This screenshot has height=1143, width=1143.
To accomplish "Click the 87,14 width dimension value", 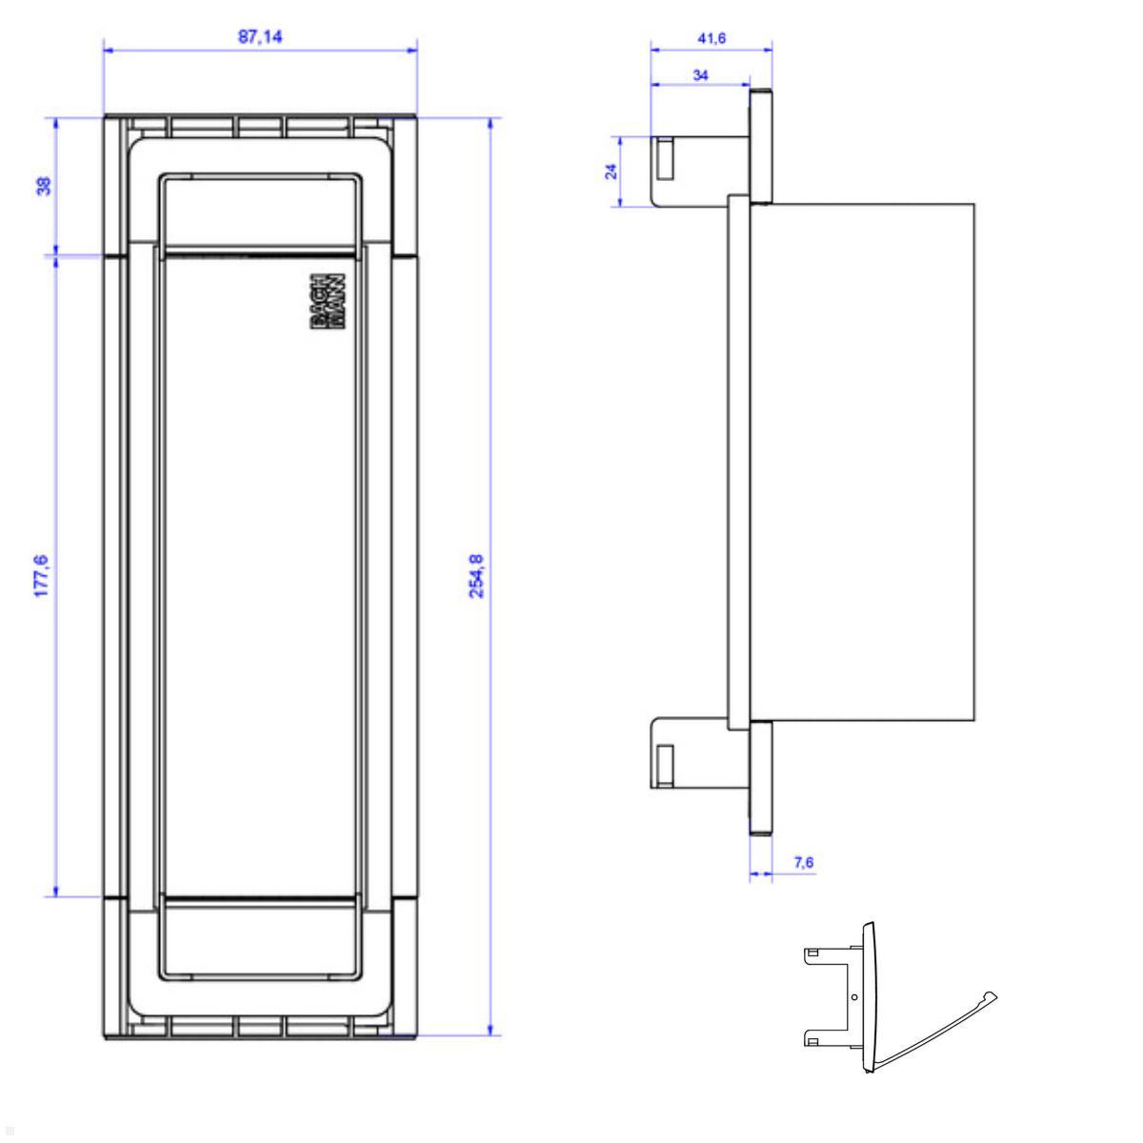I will click(x=259, y=36).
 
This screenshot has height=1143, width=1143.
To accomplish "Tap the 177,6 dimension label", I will click(x=42, y=575).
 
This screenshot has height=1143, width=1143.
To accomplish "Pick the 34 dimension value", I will click(x=700, y=74).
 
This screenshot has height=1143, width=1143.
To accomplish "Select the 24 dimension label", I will click(x=612, y=171).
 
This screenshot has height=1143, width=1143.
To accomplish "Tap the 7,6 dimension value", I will click(x=803, y=862).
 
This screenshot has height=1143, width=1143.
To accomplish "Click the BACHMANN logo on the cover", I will click(x=328, y=302).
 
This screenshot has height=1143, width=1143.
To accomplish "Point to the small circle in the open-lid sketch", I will click(x=854, y=997).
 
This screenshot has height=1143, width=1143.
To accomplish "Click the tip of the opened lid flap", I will click(x=993, y=996).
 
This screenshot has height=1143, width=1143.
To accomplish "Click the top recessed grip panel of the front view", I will click(x=260, y=211).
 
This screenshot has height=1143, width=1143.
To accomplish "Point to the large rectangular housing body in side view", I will click(x=862, y=462).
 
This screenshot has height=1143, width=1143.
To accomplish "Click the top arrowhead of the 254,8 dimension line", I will click(x=491, y=123).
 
